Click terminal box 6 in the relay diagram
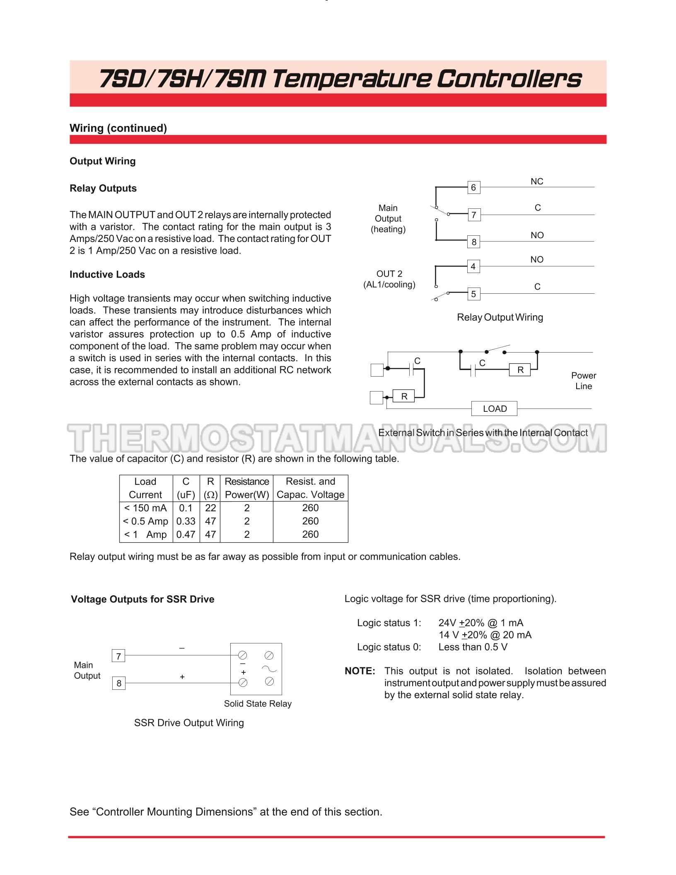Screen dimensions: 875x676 tap(473, 188)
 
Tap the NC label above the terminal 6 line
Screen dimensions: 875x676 tap(537, 181)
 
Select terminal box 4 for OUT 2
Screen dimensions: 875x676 tap(473, 266)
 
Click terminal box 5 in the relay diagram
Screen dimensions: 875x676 tap(473, 294)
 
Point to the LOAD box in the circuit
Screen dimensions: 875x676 tap(495, 408)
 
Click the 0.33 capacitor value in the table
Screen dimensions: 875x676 tap(186, 521)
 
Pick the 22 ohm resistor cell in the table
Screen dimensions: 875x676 tap(210, 508)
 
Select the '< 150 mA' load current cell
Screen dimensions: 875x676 tap(145, 508)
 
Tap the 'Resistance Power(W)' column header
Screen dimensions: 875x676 tap(247, 488)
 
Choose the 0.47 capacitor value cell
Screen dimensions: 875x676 tap(186, 534)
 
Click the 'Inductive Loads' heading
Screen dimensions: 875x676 tap(107, 275)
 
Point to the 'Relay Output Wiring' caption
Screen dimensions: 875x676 tap(500, 317)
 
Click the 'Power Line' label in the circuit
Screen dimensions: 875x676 tap(584, 381)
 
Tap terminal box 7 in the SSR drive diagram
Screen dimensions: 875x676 tap(118, 656)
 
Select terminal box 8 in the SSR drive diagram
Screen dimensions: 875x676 tap(119, 683)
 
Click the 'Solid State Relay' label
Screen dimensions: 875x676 tap(258, 703)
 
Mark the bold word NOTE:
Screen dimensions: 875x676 tap(360, 671)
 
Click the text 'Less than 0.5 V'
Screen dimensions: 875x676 tap(473, 647)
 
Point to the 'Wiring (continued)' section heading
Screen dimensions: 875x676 tap(118, 128)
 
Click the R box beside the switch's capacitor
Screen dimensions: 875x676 tap(520, 370)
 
